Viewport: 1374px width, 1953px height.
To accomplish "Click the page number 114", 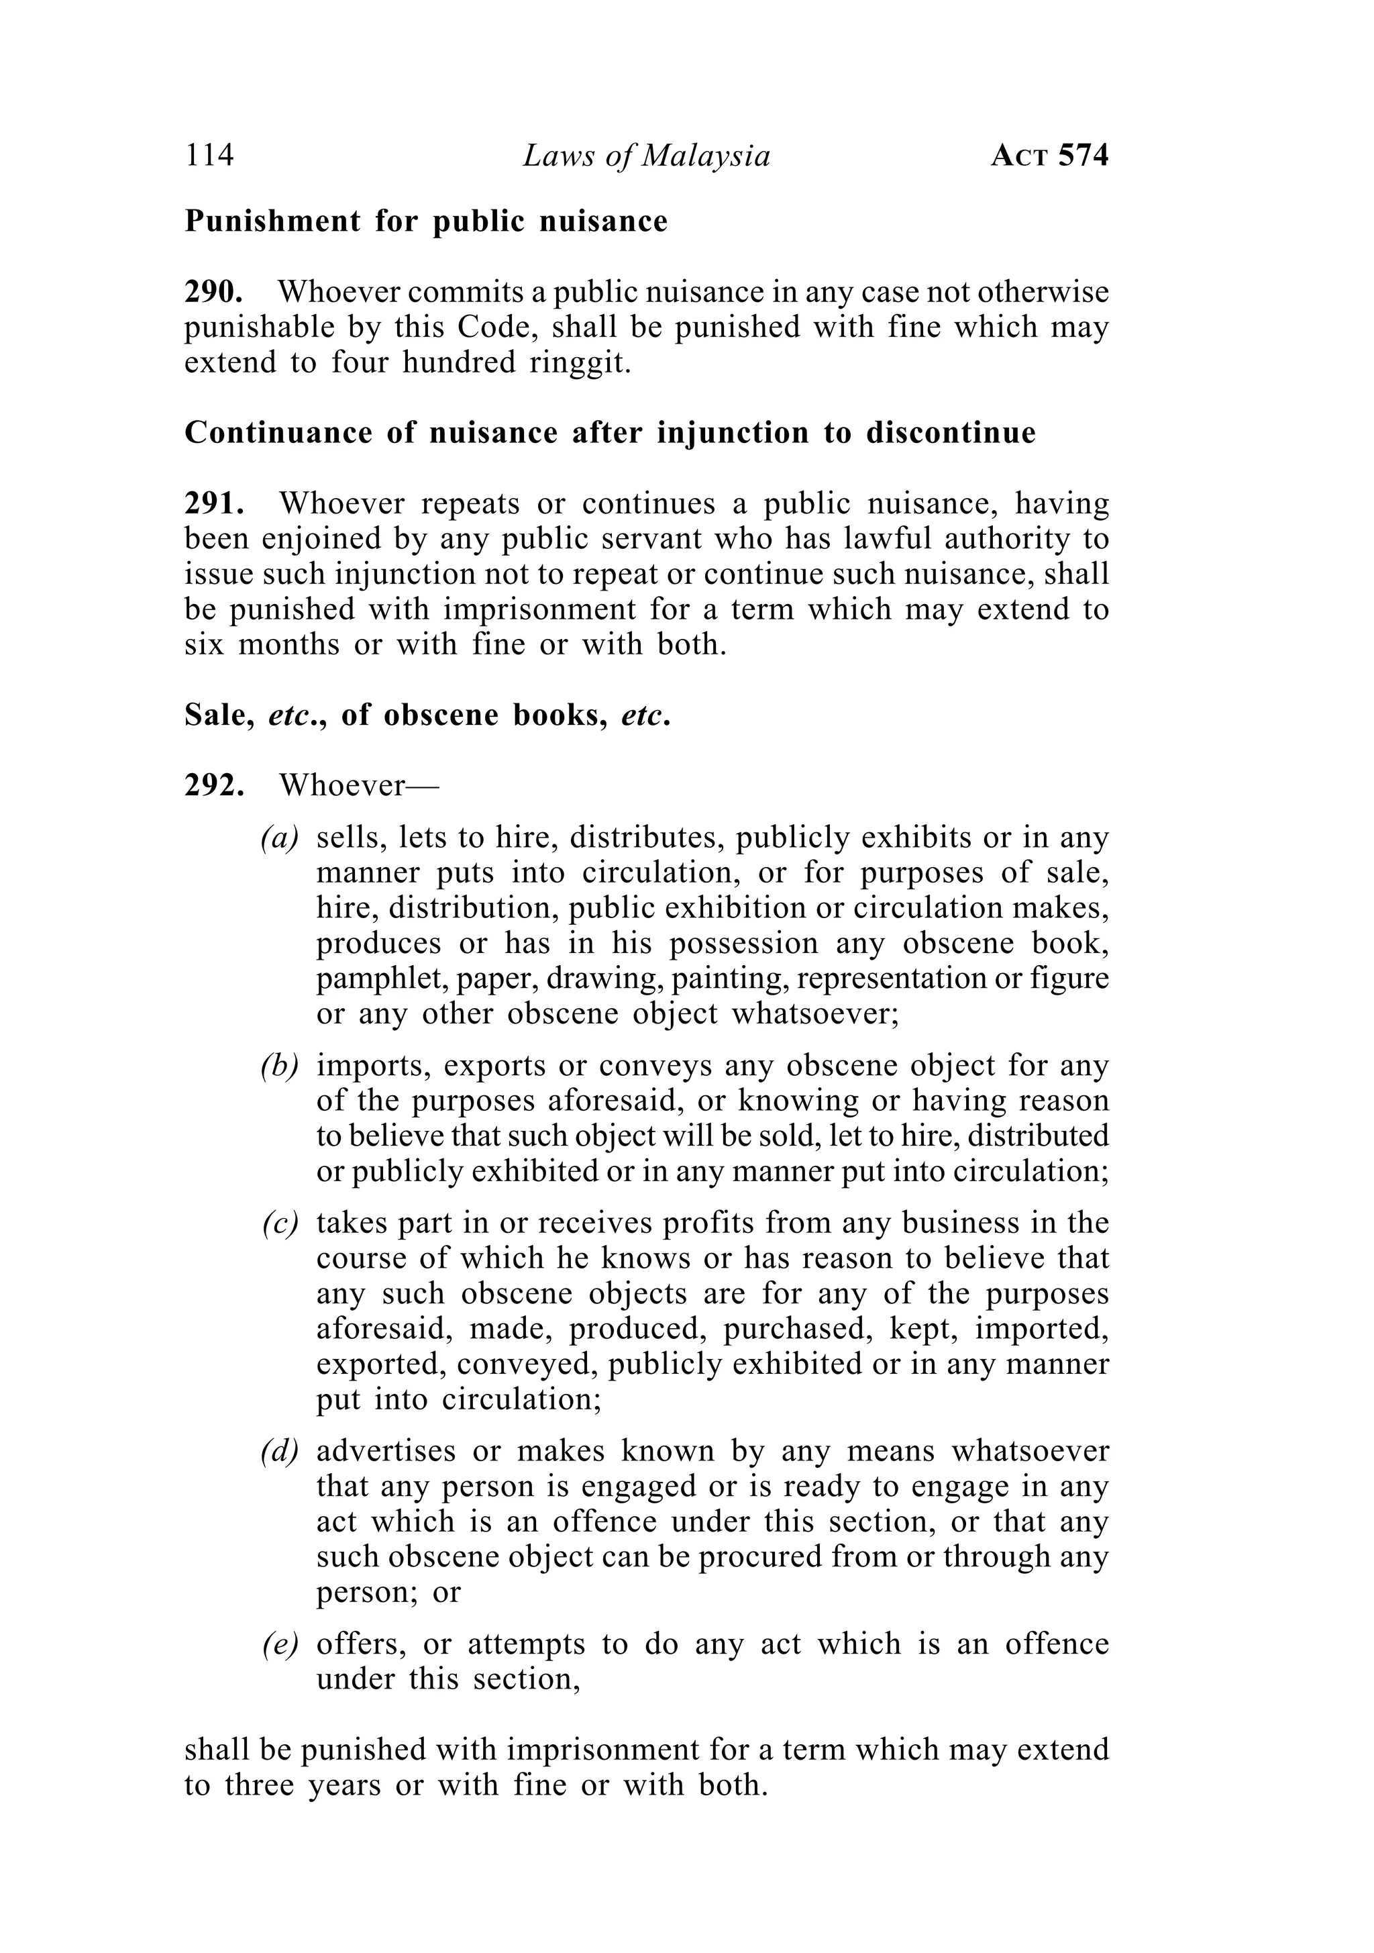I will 209,156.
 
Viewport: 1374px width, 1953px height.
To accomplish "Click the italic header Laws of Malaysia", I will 646,156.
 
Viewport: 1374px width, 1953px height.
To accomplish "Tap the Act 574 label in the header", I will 1049,156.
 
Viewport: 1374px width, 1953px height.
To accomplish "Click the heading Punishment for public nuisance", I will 426,221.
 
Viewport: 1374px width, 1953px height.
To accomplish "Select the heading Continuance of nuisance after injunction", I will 610,433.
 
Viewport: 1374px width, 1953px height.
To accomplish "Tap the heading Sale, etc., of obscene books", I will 427,715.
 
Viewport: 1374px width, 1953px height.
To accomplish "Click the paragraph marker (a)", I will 280,839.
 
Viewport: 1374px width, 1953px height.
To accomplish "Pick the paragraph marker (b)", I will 280,1065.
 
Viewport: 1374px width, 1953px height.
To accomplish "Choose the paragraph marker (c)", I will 280,1223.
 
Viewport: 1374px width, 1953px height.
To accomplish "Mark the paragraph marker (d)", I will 280,1451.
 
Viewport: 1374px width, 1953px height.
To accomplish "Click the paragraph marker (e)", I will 280,1644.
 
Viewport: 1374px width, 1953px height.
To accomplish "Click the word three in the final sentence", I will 260,1785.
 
